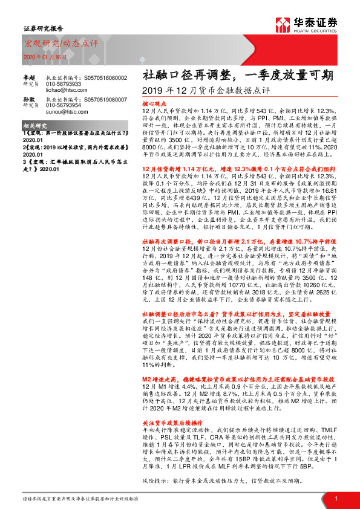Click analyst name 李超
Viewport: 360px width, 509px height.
(x=30, y=77)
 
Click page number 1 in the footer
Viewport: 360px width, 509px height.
(x=336, y=499)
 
